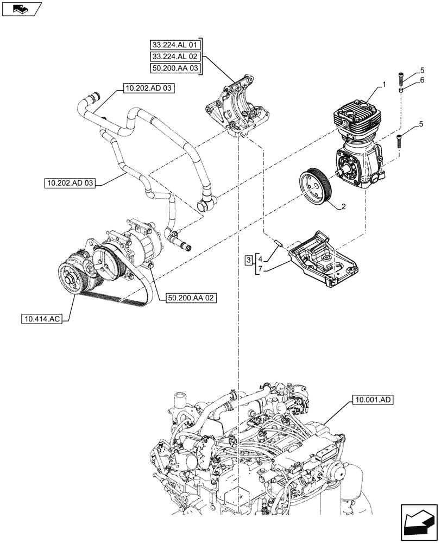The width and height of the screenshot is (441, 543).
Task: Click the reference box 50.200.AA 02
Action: pos(188,298)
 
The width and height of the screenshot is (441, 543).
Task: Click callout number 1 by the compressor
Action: pos(384,85)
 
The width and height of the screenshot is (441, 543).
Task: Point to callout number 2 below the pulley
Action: pos(343,207)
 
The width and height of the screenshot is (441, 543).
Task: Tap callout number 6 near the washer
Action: pos(421,80)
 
